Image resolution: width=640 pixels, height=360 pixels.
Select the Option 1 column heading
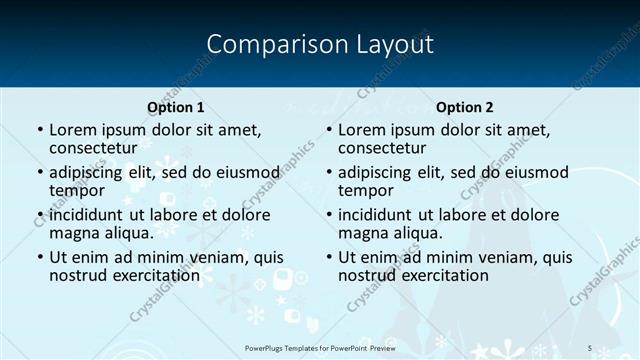[x=175, y=107]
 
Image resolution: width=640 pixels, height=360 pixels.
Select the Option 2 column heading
[x=464, y=107]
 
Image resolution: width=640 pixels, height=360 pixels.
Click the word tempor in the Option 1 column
[x=77, y=190]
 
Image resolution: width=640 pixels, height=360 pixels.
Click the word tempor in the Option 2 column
[x=366, y=190]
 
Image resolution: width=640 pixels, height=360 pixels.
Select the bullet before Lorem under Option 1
[x=39, y=130]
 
